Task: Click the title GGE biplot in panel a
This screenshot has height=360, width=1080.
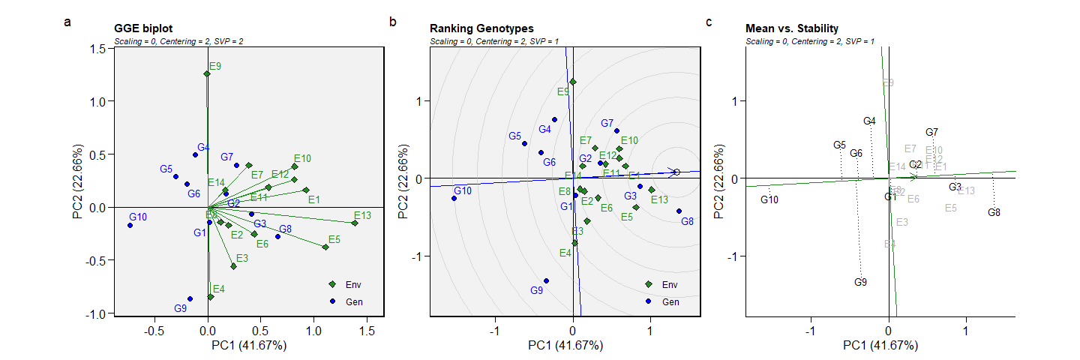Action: (142, 28)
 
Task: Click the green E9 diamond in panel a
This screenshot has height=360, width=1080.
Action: (207, 73)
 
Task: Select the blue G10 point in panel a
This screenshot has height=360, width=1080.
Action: (130, 225)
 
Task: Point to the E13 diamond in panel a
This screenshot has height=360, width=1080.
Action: (355, 223)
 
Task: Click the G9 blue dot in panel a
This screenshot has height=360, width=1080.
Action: (190, 298)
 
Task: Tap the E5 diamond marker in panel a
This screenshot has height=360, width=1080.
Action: (325, 247)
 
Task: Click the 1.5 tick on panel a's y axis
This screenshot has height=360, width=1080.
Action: (96, 49)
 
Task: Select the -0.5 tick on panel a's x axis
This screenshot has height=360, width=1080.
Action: (154, 330)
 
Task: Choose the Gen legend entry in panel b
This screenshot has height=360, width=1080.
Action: (670, 301)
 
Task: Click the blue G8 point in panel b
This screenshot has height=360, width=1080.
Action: (679, 211)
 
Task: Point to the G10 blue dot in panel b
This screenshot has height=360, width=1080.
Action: (454, 198)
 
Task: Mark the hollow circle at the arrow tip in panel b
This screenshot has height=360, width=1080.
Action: (676, 172)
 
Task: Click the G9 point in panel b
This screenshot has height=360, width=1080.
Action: (546, 280)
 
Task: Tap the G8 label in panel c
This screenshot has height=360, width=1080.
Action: (994, 212)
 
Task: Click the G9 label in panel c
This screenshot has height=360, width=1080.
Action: (860, 282)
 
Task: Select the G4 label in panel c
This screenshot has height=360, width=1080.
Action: (869, 121)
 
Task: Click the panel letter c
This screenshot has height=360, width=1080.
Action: (709, 22)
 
